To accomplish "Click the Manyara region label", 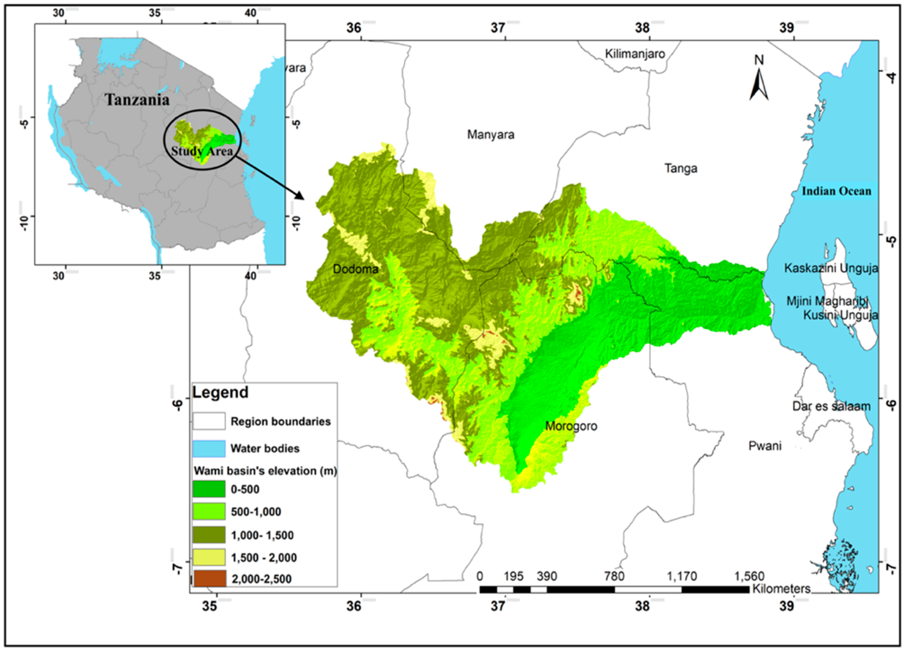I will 491,135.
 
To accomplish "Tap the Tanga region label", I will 681,168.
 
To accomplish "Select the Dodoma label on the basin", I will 356,269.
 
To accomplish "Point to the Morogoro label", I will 571,426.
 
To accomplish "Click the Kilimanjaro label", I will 635,54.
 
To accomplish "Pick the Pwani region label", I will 765,446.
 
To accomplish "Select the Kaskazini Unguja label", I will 831,268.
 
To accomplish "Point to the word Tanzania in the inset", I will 137,100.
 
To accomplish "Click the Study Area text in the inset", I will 202,151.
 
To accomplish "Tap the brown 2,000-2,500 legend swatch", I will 209,578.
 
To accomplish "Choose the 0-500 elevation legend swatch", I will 209,489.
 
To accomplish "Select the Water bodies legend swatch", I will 209,448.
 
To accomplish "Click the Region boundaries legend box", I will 209,421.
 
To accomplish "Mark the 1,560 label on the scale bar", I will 749,576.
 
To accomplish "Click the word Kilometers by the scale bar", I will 781,589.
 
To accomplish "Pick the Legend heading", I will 220,392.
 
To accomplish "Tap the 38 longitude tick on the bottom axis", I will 642,607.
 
